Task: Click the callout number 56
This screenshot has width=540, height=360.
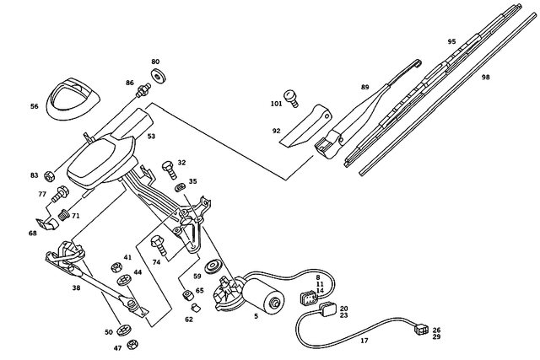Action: click(34, 106)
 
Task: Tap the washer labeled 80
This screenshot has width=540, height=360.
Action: click(156, 78)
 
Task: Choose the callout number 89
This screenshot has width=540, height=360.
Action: click(364, 87)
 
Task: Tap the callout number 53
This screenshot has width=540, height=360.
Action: click(151, 135)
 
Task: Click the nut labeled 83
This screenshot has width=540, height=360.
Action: click(50, 176)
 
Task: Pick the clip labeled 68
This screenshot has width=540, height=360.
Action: click(52, 224)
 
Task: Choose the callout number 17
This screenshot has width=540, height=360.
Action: click(364, 340)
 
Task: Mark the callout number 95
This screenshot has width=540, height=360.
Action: click(451, 41)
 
